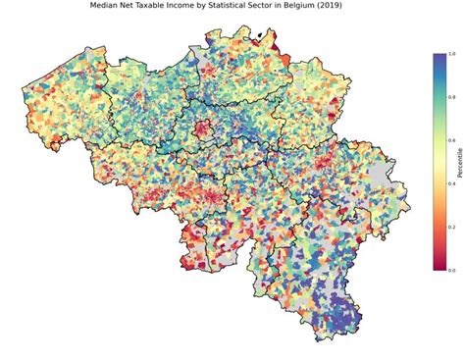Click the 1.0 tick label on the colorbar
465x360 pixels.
click(x=450, y=54)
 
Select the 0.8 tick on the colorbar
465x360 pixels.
click(x=450, y=97)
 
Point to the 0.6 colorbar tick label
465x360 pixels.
click(x=450, y=140)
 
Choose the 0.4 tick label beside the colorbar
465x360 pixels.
click(x=450, y=183)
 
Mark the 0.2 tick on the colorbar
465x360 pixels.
click(x=450, y=227)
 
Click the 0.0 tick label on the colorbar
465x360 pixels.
click(x=450, y=270)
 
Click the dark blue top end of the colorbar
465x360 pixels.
click(x=438, y=57)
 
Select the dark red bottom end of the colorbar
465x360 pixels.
click(x=438, y=266)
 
